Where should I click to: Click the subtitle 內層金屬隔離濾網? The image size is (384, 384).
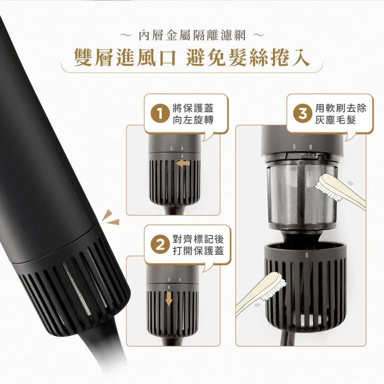191,36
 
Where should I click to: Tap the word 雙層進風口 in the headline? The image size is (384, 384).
126,58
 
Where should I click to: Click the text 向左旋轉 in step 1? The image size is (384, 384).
193,120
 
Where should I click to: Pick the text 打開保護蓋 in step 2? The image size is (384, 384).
193,251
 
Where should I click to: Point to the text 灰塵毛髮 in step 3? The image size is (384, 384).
335,120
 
